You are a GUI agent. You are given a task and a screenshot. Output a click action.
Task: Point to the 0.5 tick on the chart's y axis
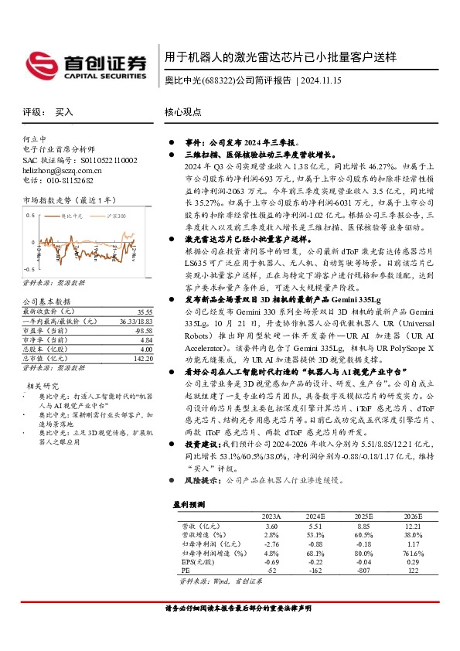click(x=31, y=214)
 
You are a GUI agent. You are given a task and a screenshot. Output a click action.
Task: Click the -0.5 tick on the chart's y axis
click(x=30, y=259)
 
